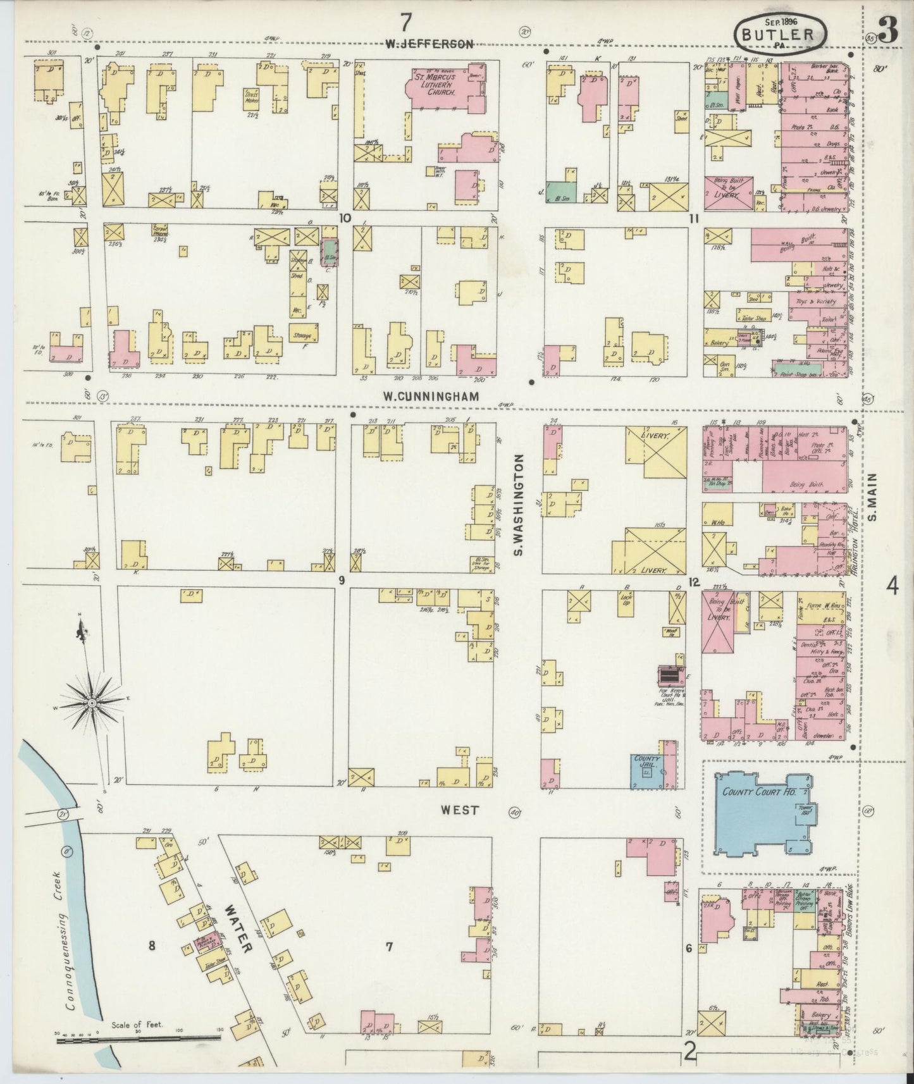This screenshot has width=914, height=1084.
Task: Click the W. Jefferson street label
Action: tap(429, 44)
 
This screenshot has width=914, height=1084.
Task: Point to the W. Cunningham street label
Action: tap(430, 397)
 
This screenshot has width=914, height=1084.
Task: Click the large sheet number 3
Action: tap(888, 32)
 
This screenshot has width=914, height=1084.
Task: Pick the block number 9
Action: tap(342, 580)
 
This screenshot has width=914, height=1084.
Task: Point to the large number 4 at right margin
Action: tap(892, 587)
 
